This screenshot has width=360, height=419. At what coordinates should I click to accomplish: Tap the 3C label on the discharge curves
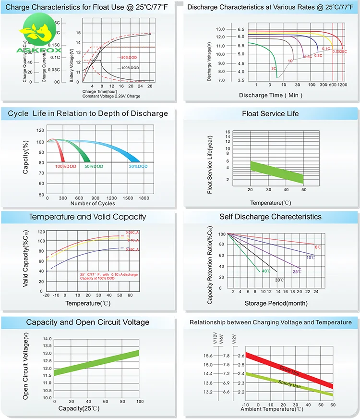click(x=274, y=69)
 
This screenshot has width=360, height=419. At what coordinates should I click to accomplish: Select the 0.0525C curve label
click(x=339, y=51)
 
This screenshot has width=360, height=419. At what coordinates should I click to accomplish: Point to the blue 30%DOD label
click(x=138, y=166)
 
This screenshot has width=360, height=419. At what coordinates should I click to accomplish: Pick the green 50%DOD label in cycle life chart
click(x=94, y=166)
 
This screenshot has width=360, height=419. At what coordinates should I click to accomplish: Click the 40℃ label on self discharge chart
click(x=265, y=271)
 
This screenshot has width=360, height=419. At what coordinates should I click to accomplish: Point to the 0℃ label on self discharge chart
click(x=318, y=246)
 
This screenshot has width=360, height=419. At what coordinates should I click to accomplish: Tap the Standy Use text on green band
click(x=289, y=383)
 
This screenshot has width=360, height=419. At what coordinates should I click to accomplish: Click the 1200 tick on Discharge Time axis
click(x=342, y=85)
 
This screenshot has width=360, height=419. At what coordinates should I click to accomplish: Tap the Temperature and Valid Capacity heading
click(x=88, y=217)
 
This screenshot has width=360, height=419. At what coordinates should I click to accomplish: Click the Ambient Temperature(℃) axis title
click(x=272, y=409)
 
